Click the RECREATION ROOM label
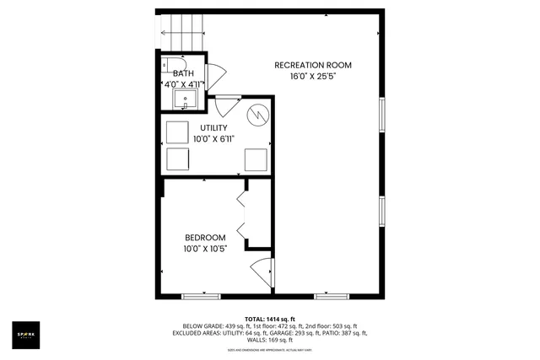[x=313, y=65]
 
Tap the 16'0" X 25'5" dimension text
[x=313, y=76]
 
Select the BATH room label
[x=183, y=73]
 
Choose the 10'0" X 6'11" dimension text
[x=213, y=138]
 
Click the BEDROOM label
[x=205, y=237]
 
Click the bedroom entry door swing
[x=262, y=272]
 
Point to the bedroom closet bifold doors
[x=243, y=215]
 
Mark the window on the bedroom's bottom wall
[x=201, y=296]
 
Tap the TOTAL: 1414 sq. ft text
[x=269, y=317]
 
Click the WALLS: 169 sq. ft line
[x=269, y=340]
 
